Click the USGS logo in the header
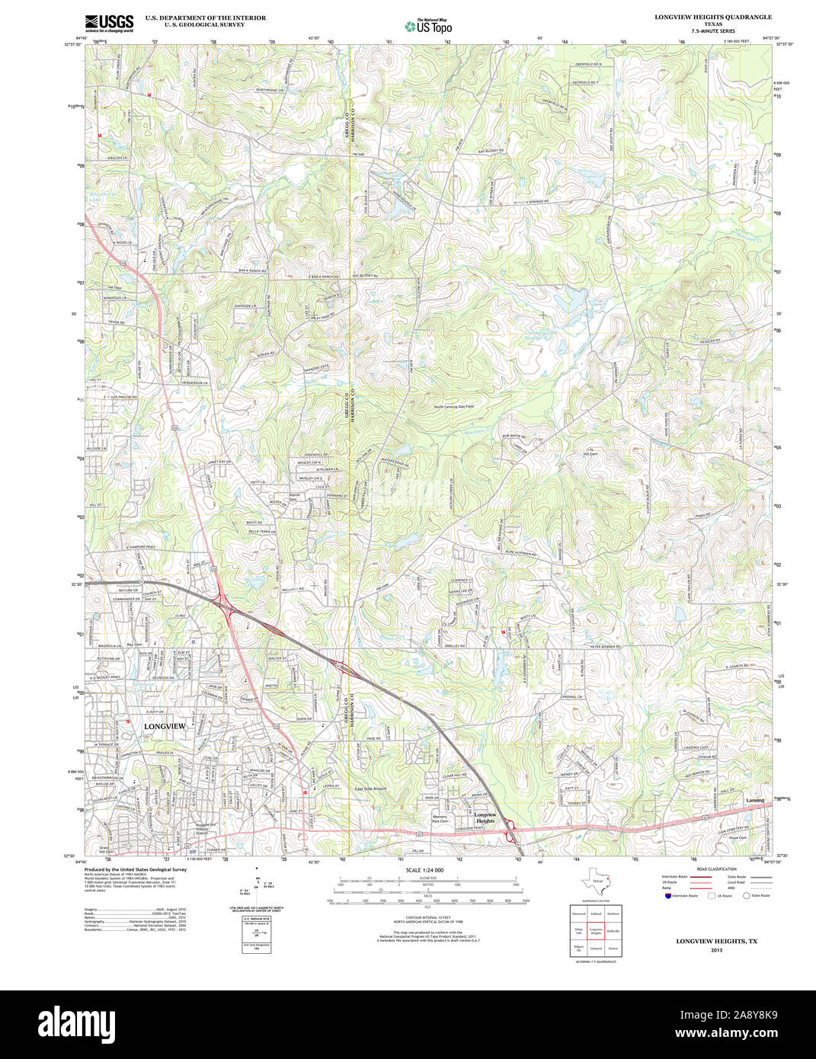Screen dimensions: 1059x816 point(109,22)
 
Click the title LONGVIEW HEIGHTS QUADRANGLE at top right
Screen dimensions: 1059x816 point(713,17)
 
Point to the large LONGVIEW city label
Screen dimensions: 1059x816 point(165,727)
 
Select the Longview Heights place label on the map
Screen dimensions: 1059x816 point(485,818)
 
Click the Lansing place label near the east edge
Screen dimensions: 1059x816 point(755,801)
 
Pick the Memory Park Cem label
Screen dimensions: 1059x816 point(439,819)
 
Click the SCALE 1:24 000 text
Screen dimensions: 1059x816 point(424,870)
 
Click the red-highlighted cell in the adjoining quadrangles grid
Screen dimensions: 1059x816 point(596,931)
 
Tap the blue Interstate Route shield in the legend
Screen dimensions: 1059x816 point(667,896)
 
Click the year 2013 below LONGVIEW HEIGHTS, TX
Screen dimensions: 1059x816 point(716,950)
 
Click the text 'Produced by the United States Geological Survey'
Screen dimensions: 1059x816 point(135,869)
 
